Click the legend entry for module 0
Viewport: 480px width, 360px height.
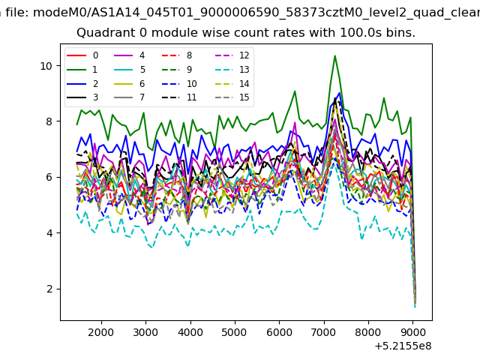[x=82, y=55]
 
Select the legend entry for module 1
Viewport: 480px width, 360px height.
[x=82, y=70]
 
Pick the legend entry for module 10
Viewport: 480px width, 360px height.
[x=179, y=83]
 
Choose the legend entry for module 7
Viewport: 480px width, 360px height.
[x=130, y=97]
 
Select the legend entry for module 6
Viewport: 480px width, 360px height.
[x=130, y=83]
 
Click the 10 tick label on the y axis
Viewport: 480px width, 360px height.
[x=46, y=66]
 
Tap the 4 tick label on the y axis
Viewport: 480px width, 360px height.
[x=49, y=233]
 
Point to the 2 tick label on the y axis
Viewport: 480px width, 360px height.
[x=49, y=289]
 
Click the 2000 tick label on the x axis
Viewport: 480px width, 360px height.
[x=100, y=332]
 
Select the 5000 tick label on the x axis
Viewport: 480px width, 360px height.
[x=234, y=332]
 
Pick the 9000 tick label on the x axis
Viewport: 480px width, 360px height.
[x=412, y=332]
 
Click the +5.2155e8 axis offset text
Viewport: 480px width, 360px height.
[x=403, y=346]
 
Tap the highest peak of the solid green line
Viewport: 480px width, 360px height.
[x=335, y=55]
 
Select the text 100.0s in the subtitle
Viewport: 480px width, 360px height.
[x=361, y=32]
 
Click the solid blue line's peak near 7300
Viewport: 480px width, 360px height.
[x=339, y=93]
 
